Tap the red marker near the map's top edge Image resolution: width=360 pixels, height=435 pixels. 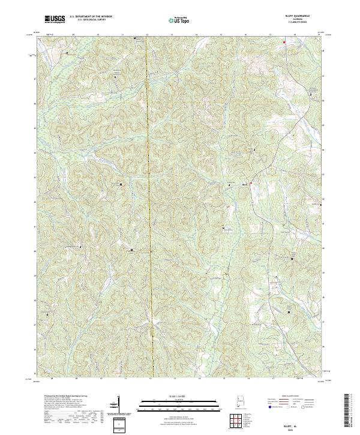[x=284, y=42]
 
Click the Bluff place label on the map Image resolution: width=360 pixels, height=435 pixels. [x=244, y=184]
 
